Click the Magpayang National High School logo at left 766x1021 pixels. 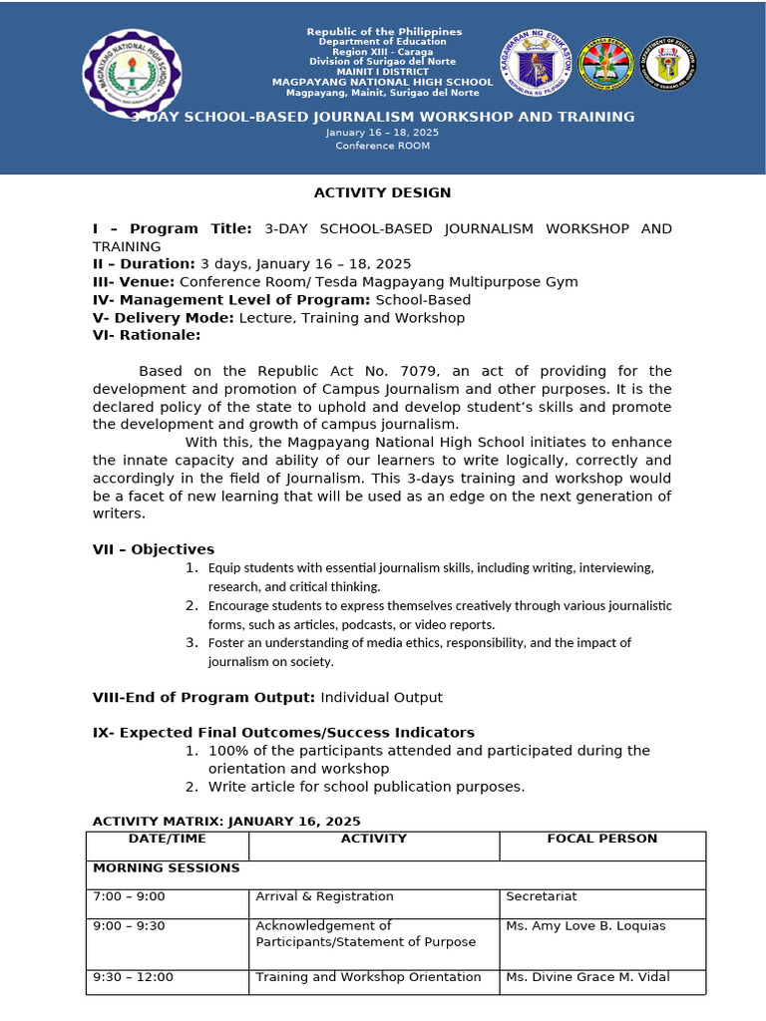point(131,74)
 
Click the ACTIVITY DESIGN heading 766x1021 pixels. point(382,192)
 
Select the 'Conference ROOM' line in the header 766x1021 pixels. point(382,146)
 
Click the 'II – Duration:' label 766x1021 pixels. point(144,264)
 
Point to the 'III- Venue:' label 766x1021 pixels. point(134,282)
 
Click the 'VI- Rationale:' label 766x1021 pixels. point(147,336)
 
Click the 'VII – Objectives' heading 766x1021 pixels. point(153,549)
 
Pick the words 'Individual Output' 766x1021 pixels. point(381,697)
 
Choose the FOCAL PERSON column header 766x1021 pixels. point(601,839)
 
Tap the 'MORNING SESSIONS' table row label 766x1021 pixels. point(167,868)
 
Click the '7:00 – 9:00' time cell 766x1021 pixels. point(129,897)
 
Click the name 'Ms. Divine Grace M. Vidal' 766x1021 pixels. point(587,977)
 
